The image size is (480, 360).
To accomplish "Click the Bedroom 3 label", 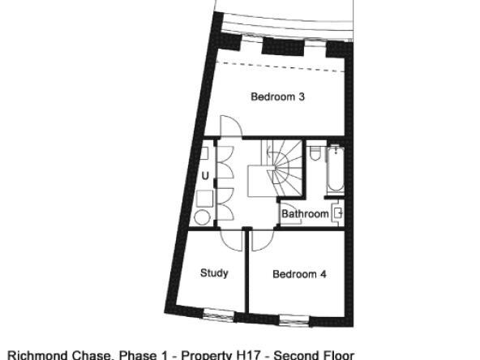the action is click(277, 96).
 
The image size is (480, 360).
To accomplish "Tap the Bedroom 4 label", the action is click(299, 274).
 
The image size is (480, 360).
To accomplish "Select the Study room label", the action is click(214, 273).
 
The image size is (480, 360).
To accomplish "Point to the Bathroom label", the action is click(305, 214).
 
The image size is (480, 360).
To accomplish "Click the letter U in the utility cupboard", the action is click(205, 176).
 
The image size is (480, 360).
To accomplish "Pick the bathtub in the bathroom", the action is click(336, 169).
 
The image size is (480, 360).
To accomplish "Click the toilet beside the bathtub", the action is click(315, 153).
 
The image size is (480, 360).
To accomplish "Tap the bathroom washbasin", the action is click(337, 212).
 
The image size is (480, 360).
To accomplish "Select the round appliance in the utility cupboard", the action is click(203, 217).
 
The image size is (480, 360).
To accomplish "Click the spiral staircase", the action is click(276, 168).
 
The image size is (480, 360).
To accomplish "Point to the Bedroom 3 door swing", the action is click(231, 126).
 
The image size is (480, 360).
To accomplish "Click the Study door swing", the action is click(232, 240).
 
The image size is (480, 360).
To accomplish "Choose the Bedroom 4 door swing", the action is click(263, 240).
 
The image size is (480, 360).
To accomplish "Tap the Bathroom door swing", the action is click(290, 213).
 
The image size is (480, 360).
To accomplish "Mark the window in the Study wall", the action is click(219, 315).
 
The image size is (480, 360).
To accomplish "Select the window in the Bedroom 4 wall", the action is click(295, 320).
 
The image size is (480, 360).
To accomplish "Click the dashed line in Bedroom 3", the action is click(281, 66).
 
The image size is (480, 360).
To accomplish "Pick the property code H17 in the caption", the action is click(249, 355).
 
